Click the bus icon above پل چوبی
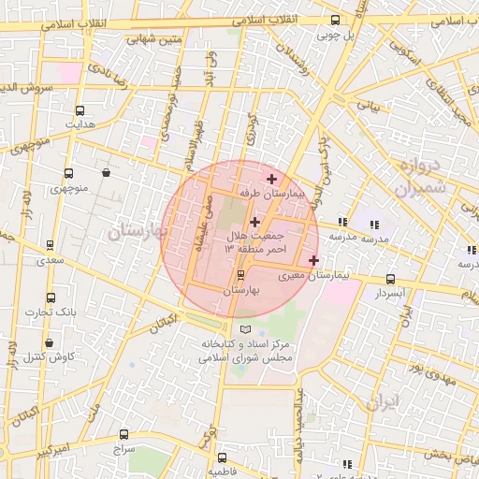[336, 20]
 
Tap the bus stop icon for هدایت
[79, 110]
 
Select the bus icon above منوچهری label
[68, 173]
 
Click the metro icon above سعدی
[49, 245]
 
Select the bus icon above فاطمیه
[222, 457]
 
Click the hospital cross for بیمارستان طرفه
[271, 178]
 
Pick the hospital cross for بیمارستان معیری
[312, 260]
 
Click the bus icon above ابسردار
[390, 279]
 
